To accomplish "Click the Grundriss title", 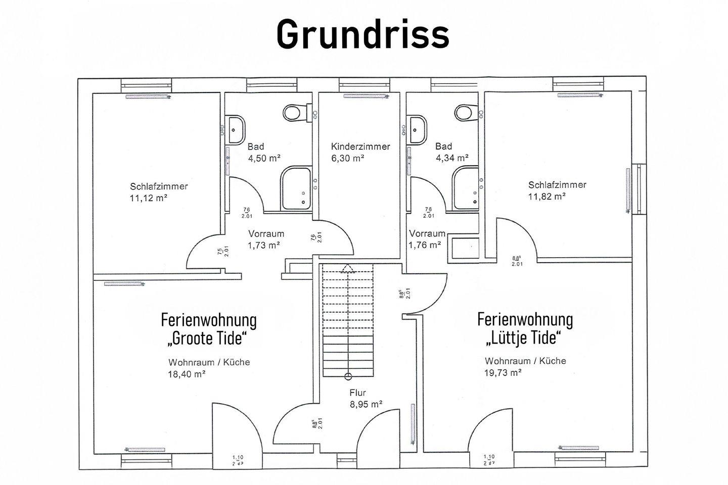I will tap(362, 34).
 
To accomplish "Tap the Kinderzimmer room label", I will tap(360, 147).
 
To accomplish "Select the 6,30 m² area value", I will tap(348, 158).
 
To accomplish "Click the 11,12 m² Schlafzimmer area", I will tap(149, 198).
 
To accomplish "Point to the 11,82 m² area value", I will tap(547, 196).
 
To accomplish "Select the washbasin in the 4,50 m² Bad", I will tap(236, 129).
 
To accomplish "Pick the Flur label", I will tap(357, 393).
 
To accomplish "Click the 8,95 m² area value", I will tap(366, 404).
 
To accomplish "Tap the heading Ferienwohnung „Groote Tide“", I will tap(209, 328).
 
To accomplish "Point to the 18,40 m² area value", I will tap(186, 374).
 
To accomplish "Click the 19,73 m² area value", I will tap(503, 372).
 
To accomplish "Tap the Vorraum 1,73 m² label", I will tap(265, 239).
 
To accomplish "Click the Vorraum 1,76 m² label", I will tap(427, 239).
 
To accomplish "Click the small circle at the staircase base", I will tap(348, 376).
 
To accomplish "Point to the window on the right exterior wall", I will tap(639, 189).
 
